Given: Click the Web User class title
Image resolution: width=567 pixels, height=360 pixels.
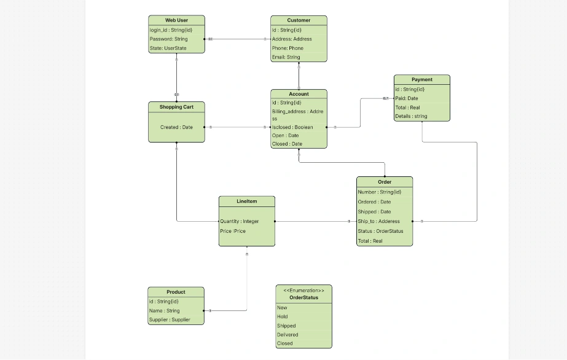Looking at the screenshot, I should pos(176,20).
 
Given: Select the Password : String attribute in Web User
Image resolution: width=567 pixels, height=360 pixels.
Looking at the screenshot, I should pos(169,39).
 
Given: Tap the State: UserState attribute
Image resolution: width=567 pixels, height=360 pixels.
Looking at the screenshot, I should pos(168,48).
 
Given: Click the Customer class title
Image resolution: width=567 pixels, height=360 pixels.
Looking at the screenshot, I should pos(299,20).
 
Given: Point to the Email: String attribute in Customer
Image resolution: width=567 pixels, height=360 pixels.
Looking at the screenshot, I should pos(286,57).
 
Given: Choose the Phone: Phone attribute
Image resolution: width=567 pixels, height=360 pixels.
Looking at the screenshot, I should pos(288,48).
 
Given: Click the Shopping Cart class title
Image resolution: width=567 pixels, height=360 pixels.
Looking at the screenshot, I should pos(176,107).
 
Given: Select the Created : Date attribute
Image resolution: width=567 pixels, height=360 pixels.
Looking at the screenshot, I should pos(176,127).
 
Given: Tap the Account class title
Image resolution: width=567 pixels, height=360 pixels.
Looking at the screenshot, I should pos(299,94).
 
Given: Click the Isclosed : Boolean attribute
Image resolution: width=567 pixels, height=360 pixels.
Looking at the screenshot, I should pos(292,127).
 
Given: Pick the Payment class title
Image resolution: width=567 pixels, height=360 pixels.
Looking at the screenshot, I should pos(422,79).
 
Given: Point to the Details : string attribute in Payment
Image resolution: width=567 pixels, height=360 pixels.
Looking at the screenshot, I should pos(411,116).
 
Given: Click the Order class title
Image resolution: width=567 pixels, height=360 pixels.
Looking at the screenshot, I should pos(385,182).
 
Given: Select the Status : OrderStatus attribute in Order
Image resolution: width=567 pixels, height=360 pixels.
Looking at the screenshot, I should pos(380,231).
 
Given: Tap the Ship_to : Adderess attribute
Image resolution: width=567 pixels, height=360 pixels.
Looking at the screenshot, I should pos(378,221).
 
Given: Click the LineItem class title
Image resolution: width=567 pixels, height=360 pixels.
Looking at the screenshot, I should pos(246,202).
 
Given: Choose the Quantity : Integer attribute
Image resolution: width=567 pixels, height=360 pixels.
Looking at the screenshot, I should pos(240,221).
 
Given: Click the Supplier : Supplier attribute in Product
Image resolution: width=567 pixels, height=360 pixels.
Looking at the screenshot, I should pos(170,319).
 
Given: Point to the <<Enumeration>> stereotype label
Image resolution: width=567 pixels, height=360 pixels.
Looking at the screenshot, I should pos(303,289).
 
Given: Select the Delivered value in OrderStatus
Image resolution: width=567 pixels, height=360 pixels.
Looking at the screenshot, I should pos(287,335).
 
